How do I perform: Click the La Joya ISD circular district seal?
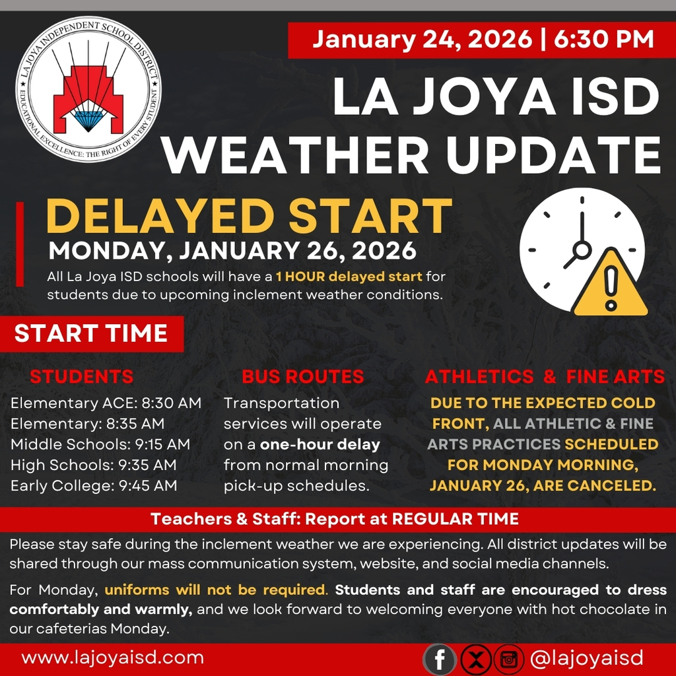(x=88, y=88)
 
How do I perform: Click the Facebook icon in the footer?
(x=440, y=659)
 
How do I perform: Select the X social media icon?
(x=475, y=659)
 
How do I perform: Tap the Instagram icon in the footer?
(x=508, y=659)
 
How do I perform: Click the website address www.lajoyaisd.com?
(x=112, y=658)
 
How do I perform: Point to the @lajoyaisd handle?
(x=586, y=658)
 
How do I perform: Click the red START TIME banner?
(x=91, y=333)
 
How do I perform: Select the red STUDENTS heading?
(x=82, y=377)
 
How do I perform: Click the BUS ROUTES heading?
(x=303, y=377)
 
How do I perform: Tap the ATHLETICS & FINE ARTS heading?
(x=545, y=377)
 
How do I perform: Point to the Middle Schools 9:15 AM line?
(x=100, y=444)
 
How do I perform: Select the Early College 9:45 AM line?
(x=94, y=486)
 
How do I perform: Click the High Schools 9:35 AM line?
(x=94, y=465)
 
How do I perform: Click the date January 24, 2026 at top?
(x=422, y=39)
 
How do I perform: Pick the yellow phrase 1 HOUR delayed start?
(x=350, y=275)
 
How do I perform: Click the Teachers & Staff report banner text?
(x=335, y=519)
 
